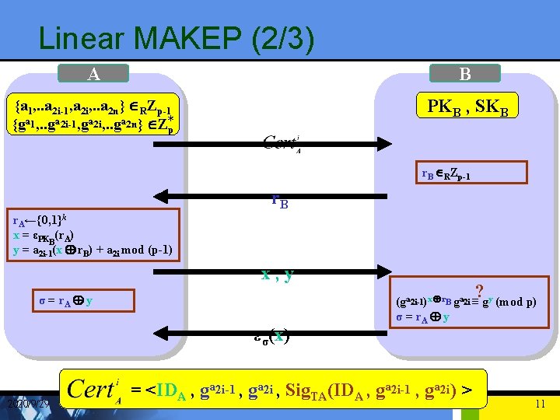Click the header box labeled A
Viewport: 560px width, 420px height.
point(94,75)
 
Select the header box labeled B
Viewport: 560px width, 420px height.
point(465,75)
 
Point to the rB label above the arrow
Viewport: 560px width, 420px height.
point(279,201)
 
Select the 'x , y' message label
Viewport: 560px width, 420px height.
point(278,275)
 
